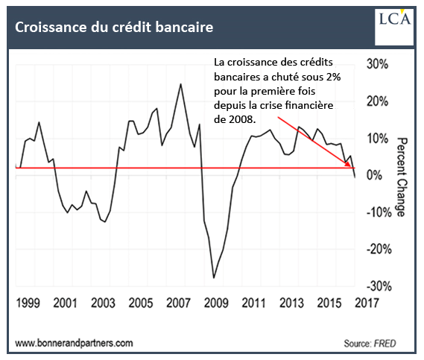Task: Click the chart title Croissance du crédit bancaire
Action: [x=114, y=27]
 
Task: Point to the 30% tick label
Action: [x=377, y=64]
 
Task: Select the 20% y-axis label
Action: [x=377, y=101]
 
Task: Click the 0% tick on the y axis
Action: [x=375, y=175]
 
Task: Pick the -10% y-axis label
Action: [x=379, y=212]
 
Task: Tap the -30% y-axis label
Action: [x=379, y=286]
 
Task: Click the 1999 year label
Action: [x=28, y=303]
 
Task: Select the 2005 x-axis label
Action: [x=141, y=303]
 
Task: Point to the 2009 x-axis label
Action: [x=216, y=303]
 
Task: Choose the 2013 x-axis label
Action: [x=291, y=303]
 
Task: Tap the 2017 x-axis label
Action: [x=367, y=303]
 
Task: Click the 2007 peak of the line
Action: [x=180, y=84]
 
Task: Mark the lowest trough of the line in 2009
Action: [x=214, y=277]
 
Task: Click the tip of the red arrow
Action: [x=350, y=166]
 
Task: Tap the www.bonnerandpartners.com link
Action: [x=74, y=344]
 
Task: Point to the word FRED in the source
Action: [x=385, y=344]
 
